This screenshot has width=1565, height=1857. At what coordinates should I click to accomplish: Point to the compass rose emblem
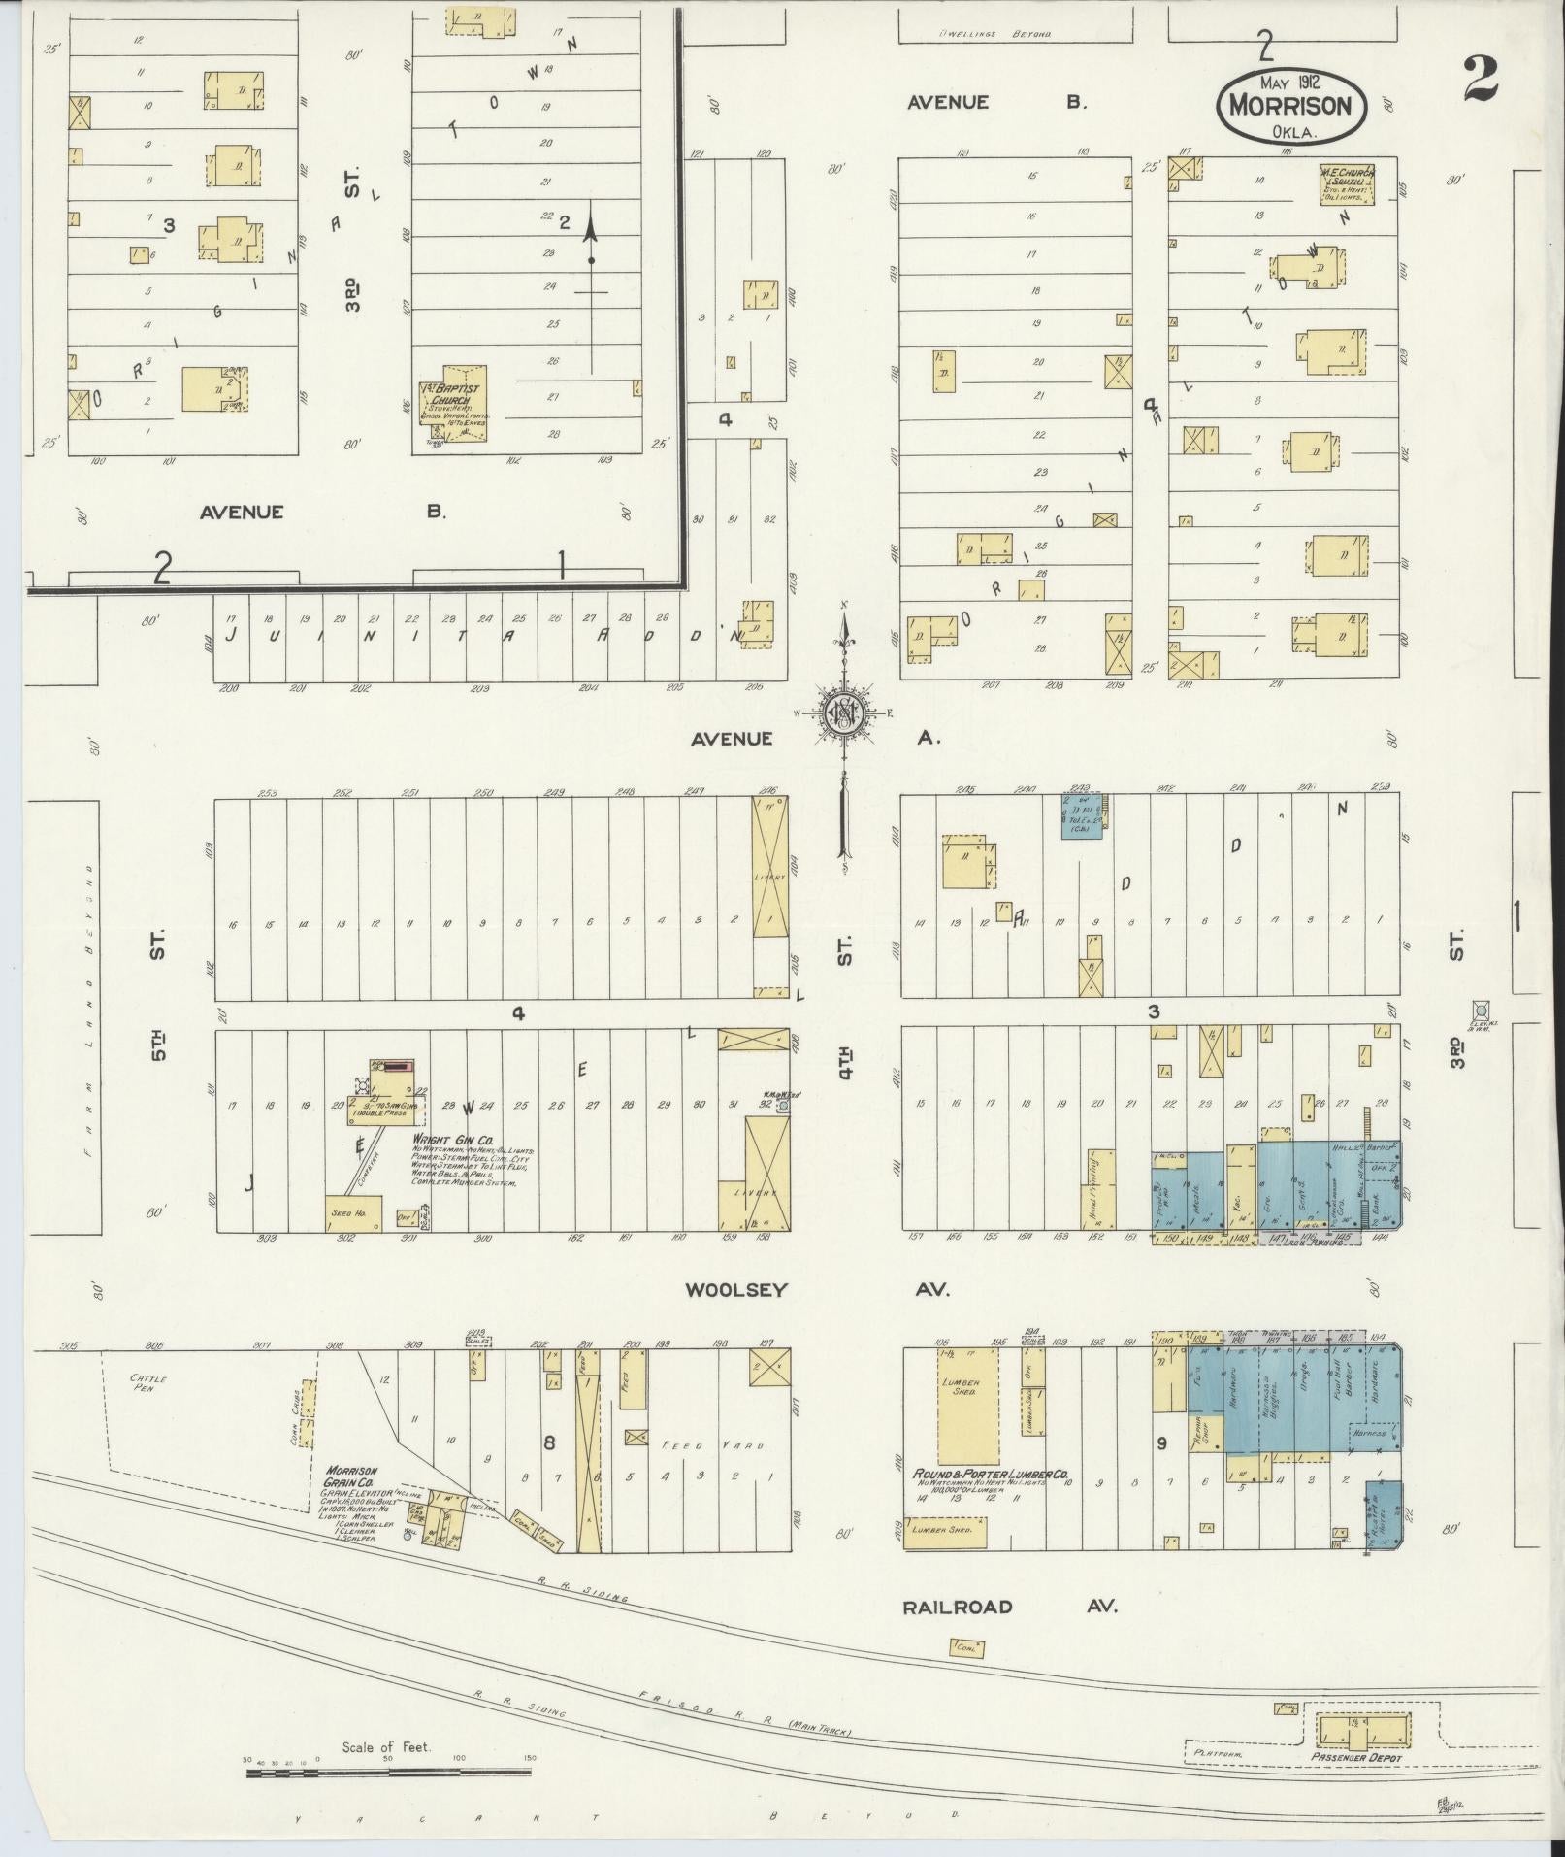[843, 713]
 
